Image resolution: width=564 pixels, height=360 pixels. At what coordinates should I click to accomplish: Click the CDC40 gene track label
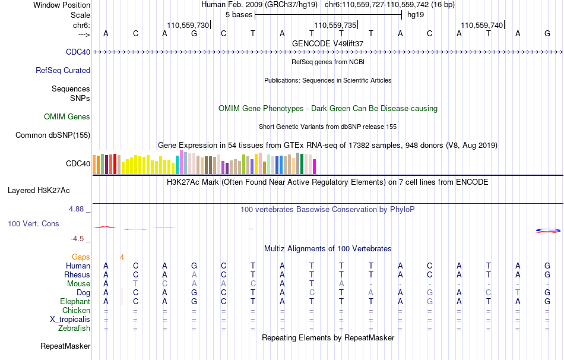[x=78, y=52]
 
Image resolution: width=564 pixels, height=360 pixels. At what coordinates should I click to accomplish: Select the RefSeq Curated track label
[x=62, y=70]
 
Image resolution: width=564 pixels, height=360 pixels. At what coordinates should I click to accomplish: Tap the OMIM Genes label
[x=67, y=117]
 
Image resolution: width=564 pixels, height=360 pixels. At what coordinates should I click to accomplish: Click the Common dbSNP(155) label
[x=53, y=135]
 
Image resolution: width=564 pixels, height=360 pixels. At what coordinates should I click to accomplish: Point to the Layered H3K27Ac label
[x=39, y=191]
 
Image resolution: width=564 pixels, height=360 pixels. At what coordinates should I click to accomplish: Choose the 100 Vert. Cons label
[x=34, y=224]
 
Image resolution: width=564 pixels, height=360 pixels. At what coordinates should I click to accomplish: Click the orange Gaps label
[x=81, y=257]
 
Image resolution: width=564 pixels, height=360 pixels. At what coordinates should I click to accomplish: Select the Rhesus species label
[x=77, y=275]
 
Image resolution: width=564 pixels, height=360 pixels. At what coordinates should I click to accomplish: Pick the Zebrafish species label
[x=74, y=328]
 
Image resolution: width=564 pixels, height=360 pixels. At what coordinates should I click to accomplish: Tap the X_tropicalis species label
[x=70, y=319]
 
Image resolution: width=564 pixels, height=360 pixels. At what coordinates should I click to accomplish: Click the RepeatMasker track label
[x=65, y=346]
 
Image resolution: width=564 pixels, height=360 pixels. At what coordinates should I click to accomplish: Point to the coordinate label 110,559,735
[x=335, y=25]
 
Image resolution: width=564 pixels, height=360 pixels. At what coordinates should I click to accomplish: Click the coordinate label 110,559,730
[x=188, y=25]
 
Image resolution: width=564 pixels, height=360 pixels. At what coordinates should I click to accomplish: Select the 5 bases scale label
[x=239, y=15]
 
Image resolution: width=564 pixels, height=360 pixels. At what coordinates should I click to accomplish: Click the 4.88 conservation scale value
[x=77, y=209]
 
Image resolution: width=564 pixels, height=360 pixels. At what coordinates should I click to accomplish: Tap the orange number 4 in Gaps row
[x=122, y=257]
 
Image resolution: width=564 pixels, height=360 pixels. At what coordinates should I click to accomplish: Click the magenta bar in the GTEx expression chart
[x=314, y=166]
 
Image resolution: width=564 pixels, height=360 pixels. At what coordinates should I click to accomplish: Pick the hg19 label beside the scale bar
[x=415, y=15]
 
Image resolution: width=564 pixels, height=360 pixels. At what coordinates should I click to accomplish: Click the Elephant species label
[x=74, y=301]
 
